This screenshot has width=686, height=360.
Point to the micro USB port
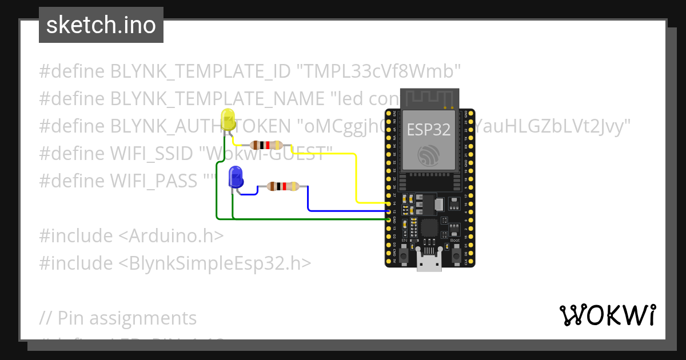pos(429,264)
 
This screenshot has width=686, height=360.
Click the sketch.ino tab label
pos(101,25)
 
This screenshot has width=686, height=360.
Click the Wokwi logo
pos(607,315)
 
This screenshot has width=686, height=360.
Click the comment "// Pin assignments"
pos(118,318)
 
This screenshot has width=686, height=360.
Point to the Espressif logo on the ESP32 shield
pos(428,155)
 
